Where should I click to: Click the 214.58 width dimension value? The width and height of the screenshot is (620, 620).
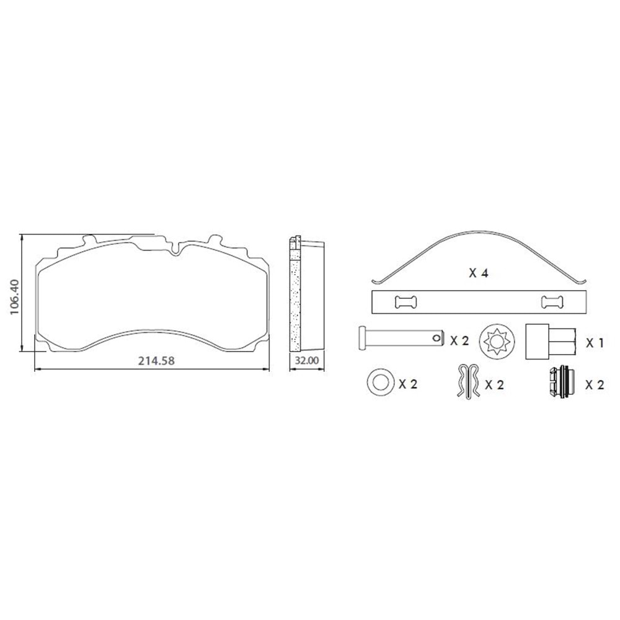156,361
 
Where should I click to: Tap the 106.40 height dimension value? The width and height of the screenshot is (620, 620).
14,297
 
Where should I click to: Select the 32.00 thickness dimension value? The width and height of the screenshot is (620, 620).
307,361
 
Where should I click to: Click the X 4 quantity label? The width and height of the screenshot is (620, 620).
479,273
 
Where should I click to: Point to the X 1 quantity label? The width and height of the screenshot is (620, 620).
595,343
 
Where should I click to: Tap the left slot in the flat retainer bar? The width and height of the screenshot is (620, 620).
405,302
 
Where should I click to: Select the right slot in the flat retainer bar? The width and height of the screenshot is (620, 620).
552,302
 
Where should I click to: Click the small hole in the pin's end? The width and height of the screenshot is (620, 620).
436,338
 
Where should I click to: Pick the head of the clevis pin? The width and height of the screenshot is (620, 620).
361,337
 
